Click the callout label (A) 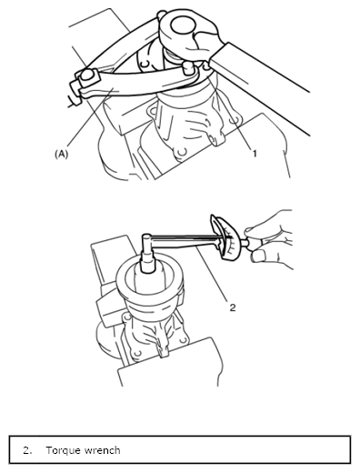(x=61, y=154)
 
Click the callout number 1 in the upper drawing (x=255, y=154)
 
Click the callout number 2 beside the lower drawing (x=233, y=307)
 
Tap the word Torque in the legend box (x=64, y=450)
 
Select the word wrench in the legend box (x=102, y=450)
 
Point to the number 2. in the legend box (x=27, y=450)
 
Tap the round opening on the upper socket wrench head (x=183, y=25)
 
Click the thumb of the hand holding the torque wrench (x=258, y=257)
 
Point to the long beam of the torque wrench (x=185, y=239)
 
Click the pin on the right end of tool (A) (x=188, y=68)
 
